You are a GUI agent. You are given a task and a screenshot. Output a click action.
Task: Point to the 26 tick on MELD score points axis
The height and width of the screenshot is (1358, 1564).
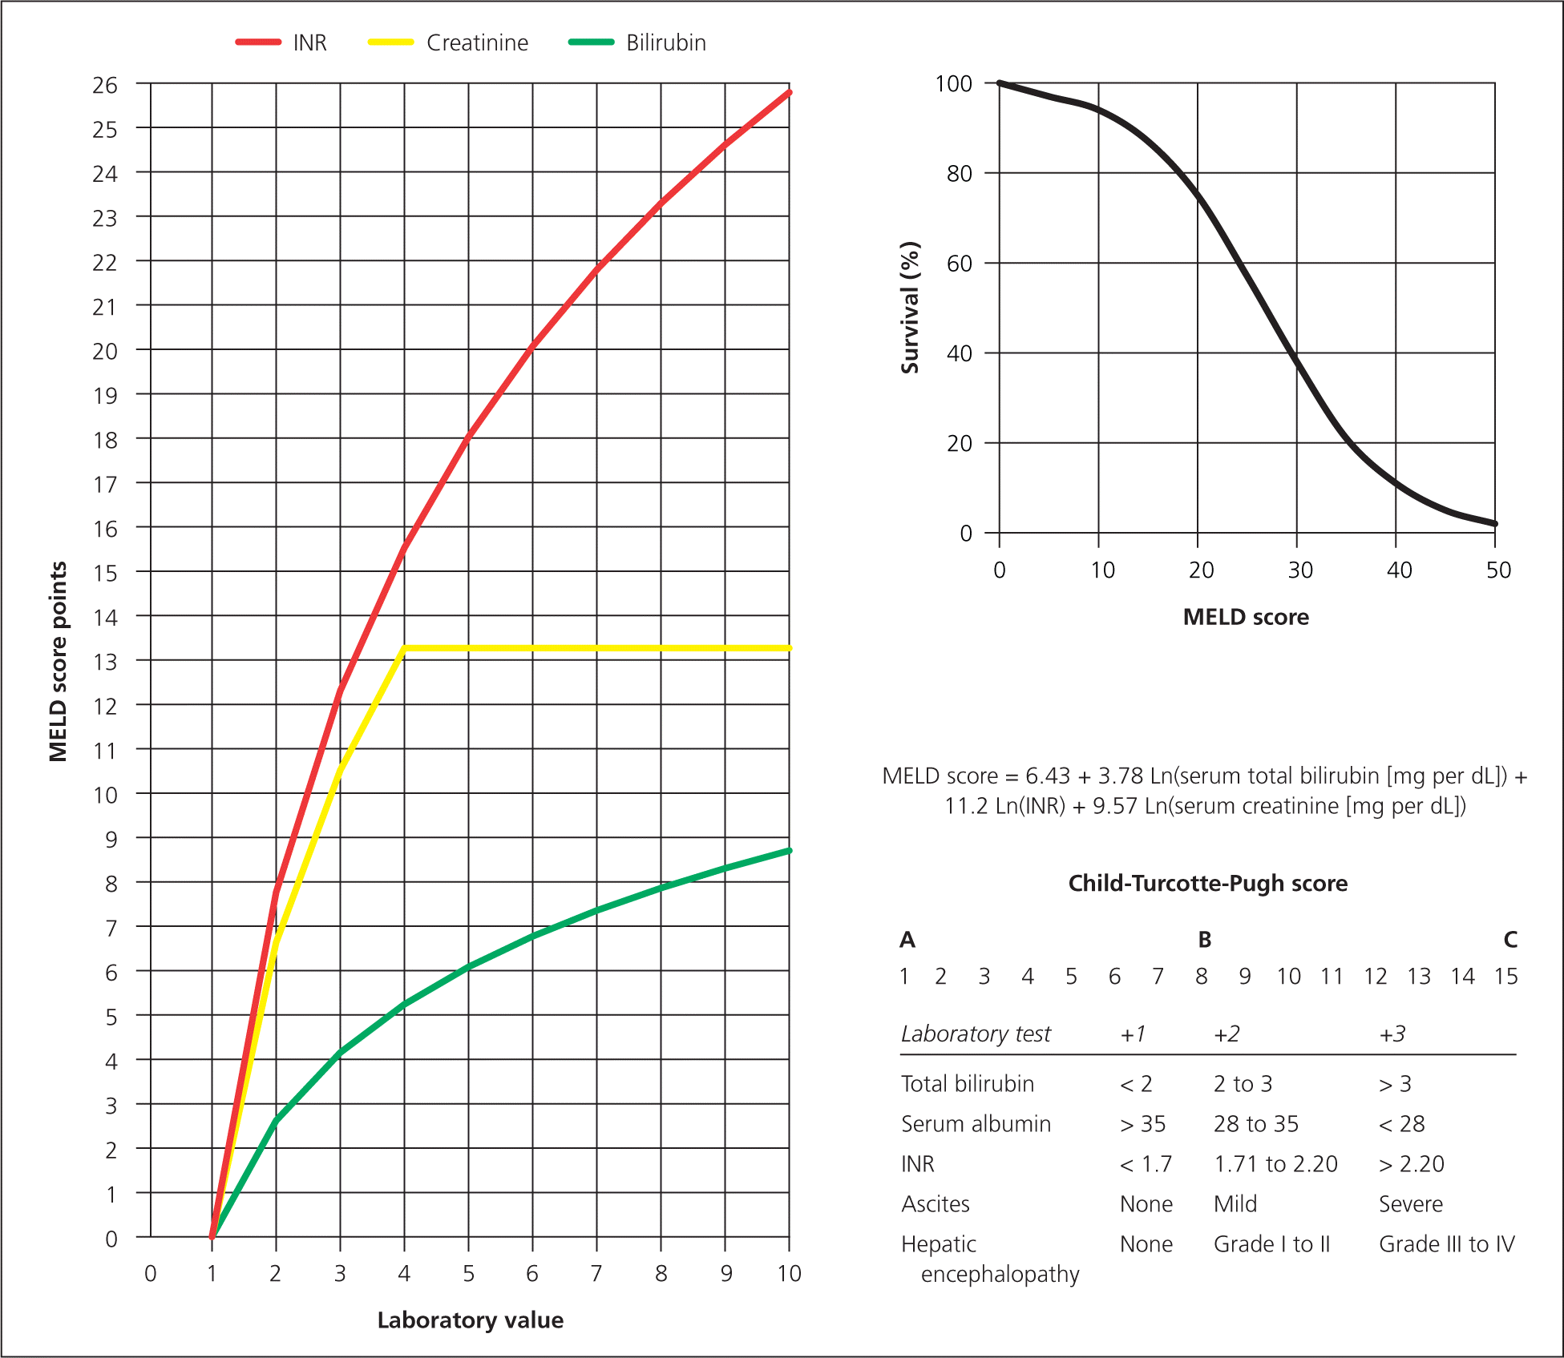(105, 86)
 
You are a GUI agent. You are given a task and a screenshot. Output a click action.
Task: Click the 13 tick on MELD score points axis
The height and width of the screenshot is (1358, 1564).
(105, 663)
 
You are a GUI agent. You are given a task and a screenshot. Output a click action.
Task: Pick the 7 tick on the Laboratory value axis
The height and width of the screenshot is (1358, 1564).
(596, 1274)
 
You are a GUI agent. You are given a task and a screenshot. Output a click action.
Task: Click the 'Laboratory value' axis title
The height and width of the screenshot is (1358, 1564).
(471, 1320)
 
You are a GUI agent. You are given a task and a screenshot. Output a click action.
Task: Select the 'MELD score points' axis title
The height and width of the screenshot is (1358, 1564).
(58, 662)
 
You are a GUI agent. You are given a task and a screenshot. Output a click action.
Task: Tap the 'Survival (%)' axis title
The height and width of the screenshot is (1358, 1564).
(910, 308)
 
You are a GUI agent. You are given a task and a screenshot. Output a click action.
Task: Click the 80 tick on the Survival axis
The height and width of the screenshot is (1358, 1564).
(959, 174)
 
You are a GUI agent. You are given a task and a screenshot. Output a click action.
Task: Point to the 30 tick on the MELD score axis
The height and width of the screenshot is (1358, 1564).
(1300, 570)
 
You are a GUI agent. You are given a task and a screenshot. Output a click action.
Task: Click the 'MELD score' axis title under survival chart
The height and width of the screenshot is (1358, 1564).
(1246, 617)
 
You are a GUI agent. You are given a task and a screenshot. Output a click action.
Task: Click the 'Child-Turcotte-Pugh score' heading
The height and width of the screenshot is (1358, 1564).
(1207, 883)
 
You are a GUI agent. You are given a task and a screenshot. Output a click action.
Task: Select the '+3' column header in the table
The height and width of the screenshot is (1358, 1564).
(1392, 1034)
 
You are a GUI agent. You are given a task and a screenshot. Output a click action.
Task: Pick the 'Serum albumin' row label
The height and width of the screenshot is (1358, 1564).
(976, 1124)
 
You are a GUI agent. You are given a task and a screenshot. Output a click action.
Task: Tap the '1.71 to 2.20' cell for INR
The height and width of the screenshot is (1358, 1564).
(1275, 1164)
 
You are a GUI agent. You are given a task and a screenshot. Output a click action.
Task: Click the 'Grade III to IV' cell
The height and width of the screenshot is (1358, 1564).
(1446, 1244)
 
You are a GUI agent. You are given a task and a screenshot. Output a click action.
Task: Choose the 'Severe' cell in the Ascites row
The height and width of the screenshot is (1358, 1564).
(1410, 1204)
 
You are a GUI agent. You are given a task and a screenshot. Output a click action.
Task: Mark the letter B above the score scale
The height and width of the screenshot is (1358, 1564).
(1204, 940)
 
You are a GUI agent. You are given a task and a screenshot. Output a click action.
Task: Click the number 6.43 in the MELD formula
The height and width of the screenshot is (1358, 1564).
(1048, 776)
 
